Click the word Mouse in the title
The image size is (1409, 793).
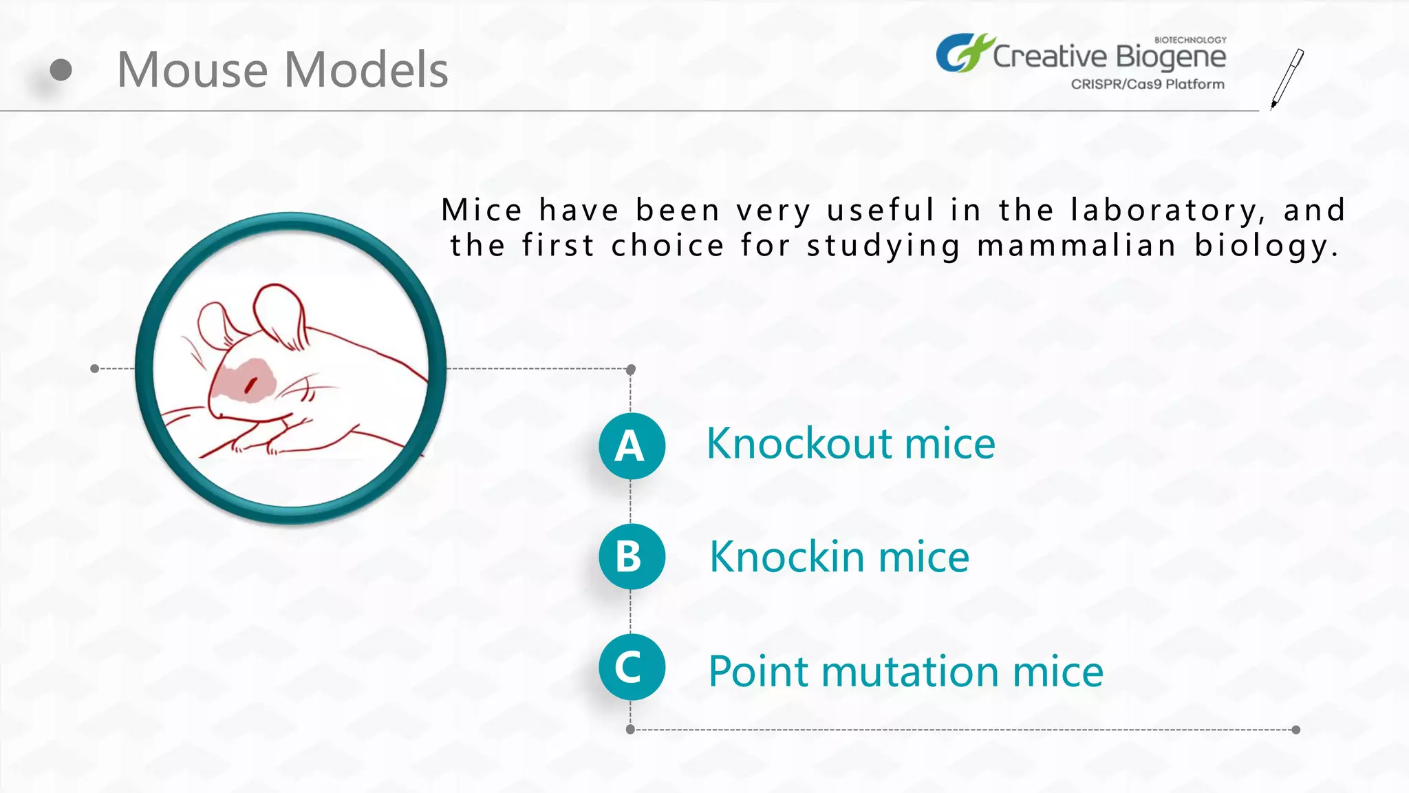(x=192, y=70)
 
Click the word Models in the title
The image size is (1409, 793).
(x=366, y=70)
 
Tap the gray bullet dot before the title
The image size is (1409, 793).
(x=61, y=70)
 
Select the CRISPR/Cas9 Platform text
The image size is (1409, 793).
(x=1147, y=85)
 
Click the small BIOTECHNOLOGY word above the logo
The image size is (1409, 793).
(x=1190, y=40)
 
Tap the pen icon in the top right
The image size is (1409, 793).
(x=1287, y=78)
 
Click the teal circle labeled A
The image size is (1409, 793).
(x=631, y=446)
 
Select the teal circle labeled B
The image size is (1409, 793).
(x=631, y=556)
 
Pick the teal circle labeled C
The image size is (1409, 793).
(x=631, y=667)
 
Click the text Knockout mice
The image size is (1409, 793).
(x=850, y=443)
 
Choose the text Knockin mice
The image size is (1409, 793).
(x=839, y=556)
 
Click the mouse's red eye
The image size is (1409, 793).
(x=251, y=385)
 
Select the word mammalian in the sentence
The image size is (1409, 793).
(x=1076, y=246)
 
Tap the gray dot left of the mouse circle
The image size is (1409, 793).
(x=95, y=369)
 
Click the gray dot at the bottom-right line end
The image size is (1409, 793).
(x=1295, y=730)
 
